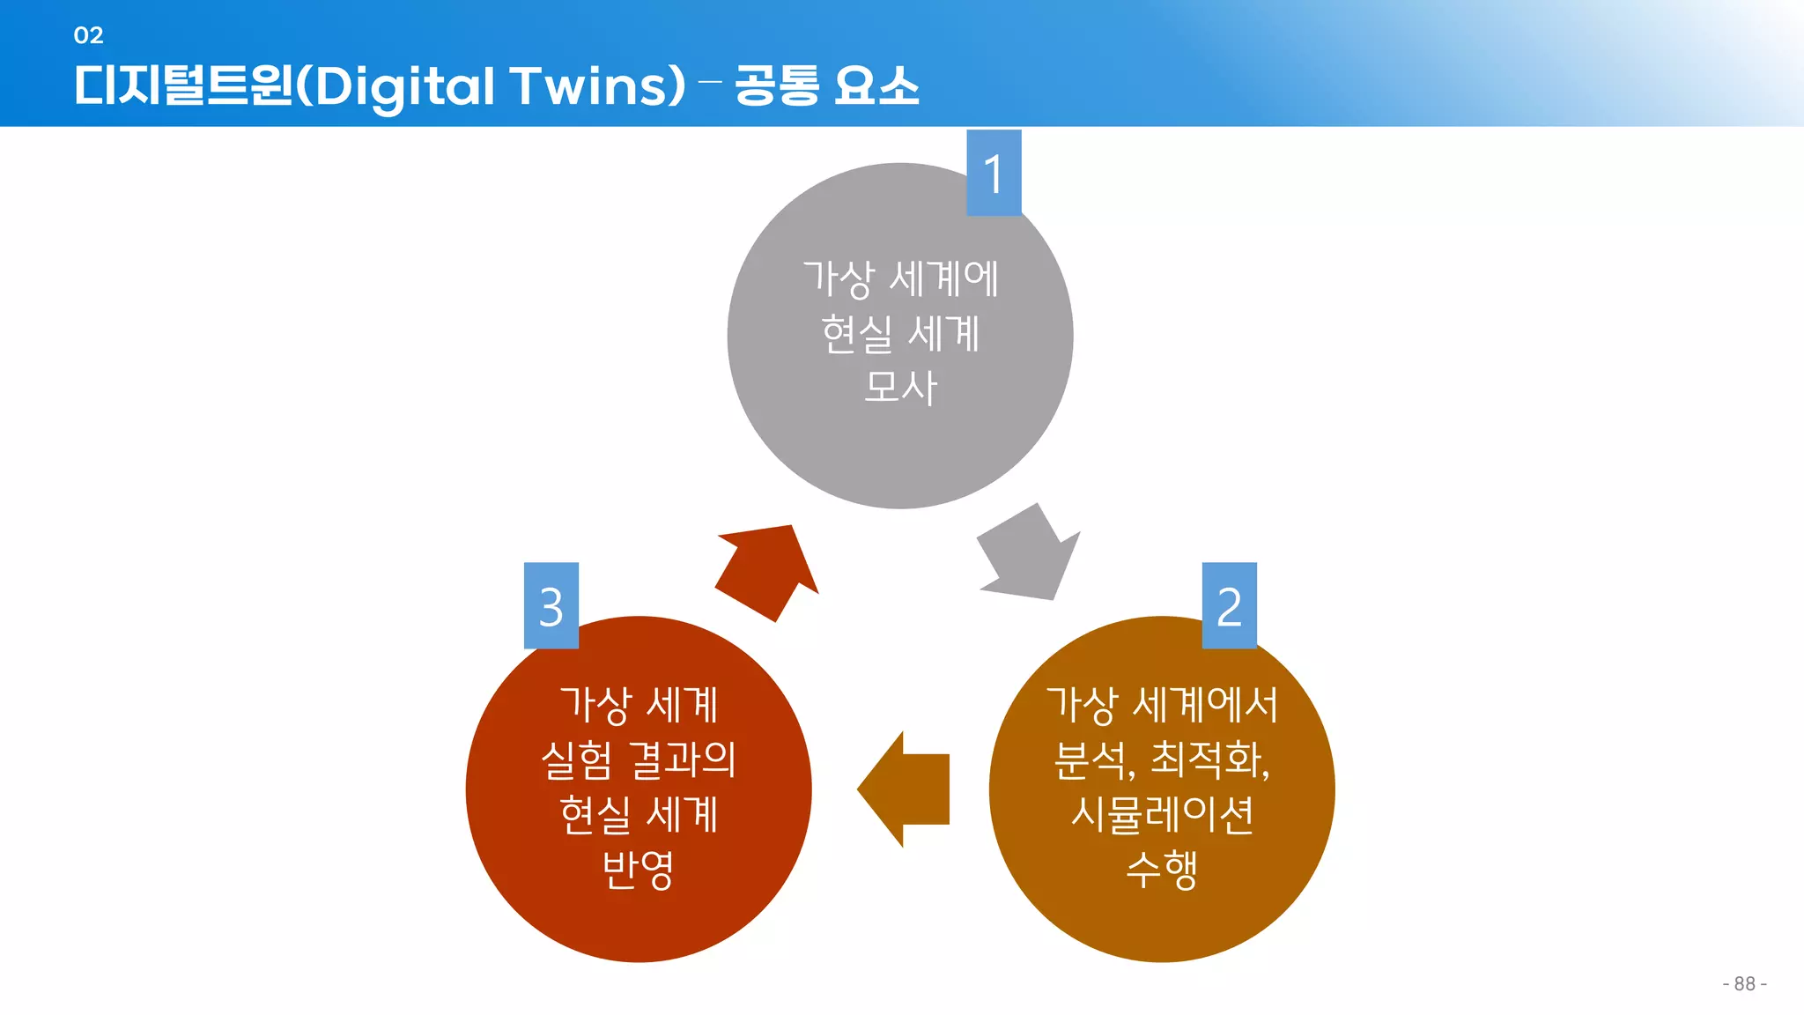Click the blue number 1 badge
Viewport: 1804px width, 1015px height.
994,174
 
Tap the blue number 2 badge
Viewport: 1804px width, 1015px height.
1229,606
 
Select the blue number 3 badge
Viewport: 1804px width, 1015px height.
551,606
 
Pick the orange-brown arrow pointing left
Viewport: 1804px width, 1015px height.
906,789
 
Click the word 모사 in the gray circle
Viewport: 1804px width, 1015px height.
900,388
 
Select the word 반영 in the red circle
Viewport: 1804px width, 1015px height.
638,870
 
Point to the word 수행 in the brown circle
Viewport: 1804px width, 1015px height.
1162,870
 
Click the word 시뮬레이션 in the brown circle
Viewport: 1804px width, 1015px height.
1162,814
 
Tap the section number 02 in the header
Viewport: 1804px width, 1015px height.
88,35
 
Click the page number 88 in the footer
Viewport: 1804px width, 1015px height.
1744,983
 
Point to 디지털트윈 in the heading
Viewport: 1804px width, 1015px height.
183,86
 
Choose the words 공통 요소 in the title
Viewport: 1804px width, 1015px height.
826,86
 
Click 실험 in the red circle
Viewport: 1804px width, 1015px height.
576,759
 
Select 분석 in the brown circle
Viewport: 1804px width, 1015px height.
1092,759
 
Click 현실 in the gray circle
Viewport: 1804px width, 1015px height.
856,334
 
